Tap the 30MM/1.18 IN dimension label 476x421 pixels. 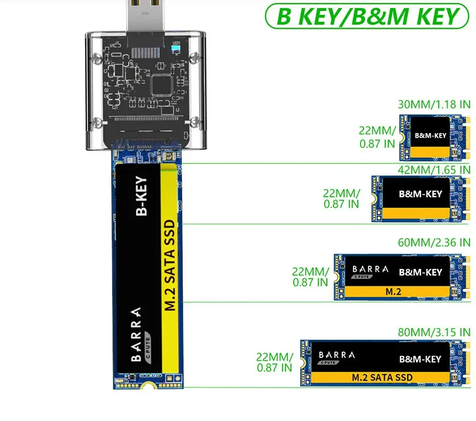(x=434, y=104)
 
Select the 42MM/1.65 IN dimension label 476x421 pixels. (x=434, y=169)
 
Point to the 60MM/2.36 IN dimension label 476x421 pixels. (x=434, y=243)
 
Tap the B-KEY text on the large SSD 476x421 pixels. (x=141, y=196)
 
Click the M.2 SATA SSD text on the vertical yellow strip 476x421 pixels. (x=170, y=264)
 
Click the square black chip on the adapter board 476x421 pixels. (x=160, y=84)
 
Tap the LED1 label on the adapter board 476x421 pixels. (x=175, y=43)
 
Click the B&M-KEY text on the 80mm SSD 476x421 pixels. (x=420, y=359)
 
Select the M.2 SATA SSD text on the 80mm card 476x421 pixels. (x=382, y=377)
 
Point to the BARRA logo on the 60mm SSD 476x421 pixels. (x=370, y=269)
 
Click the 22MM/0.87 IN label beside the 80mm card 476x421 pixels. (x=274, y=362)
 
